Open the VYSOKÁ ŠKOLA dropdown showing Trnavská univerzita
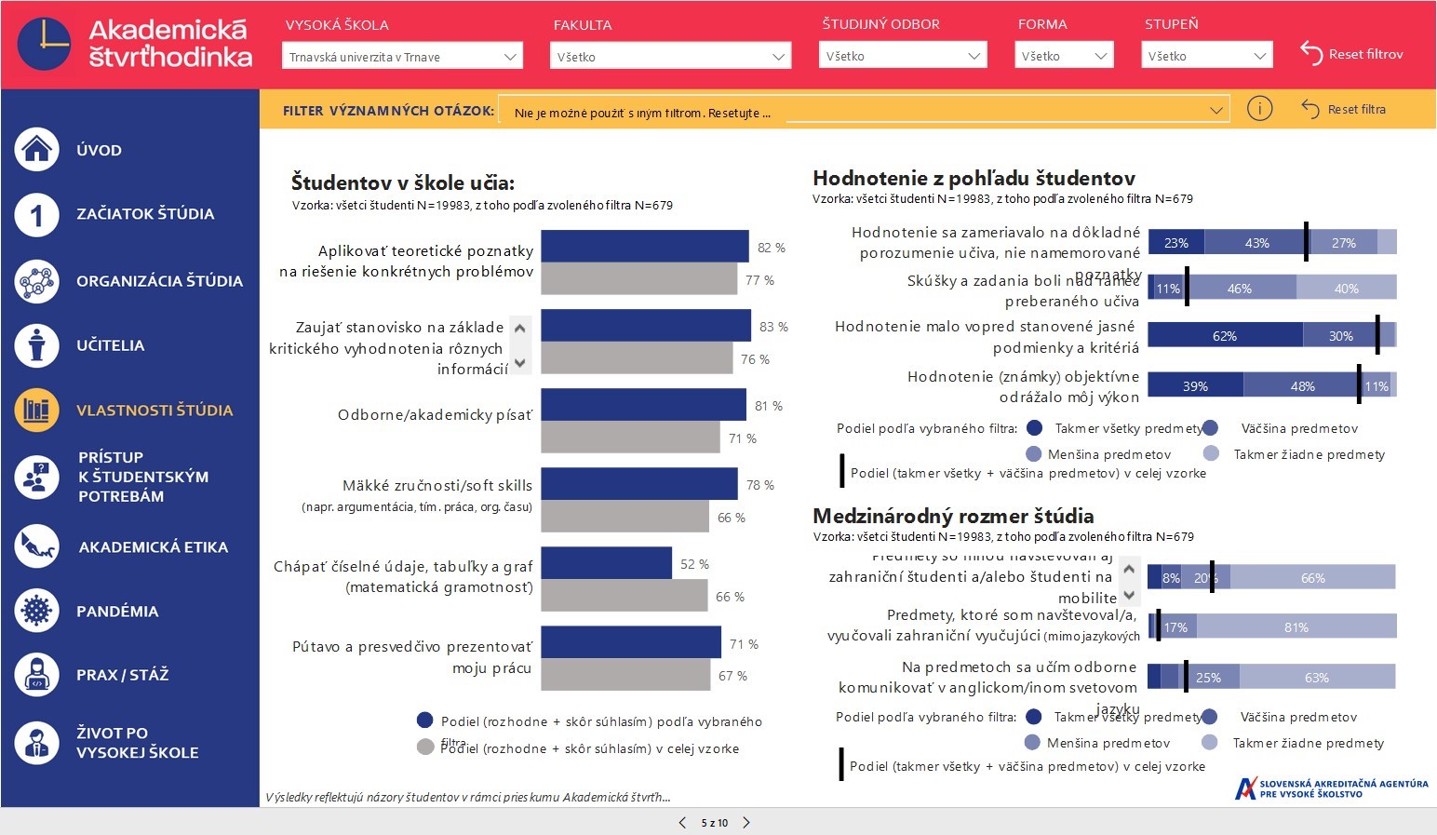pyautogui.click(x=402, y=57)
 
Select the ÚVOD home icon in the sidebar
pyautogui.click(x=36, y=149)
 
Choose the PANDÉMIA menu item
pyautogui.click(x=116, y=612)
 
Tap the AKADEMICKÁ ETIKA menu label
pyautogui.click(x=154, y=547)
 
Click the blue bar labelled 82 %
pyautogui.click(x=644, y=247)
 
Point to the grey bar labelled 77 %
pyautogui.click(x=638, y=279)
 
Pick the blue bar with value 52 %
pyautogui.click(x=606, y=563)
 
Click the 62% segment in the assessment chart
pyautogui.click(x=1225, y=335)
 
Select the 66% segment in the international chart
pyautogui.click(x=1312, y=577)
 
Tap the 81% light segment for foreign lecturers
pyautogui.click(x=1296, y=626)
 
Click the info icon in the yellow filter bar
pyautogui.click(x=1259, y=109)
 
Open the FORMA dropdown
pyautogui.click(x=1064, y=56)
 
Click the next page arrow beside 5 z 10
pyautogui.click(x=746, y=822)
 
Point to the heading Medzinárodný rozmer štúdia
pyautogui.click(x=953, y=516)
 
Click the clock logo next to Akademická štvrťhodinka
pyautogui.click(x=44, y=44)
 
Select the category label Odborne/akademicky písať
pyautogui.click(x=435, y=415)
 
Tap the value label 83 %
pyautogui.click(x=772, y=327)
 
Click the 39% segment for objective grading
pyautogui.click(x=1195, y=385)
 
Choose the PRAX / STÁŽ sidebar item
pyautogui.click(x=122, y=675)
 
